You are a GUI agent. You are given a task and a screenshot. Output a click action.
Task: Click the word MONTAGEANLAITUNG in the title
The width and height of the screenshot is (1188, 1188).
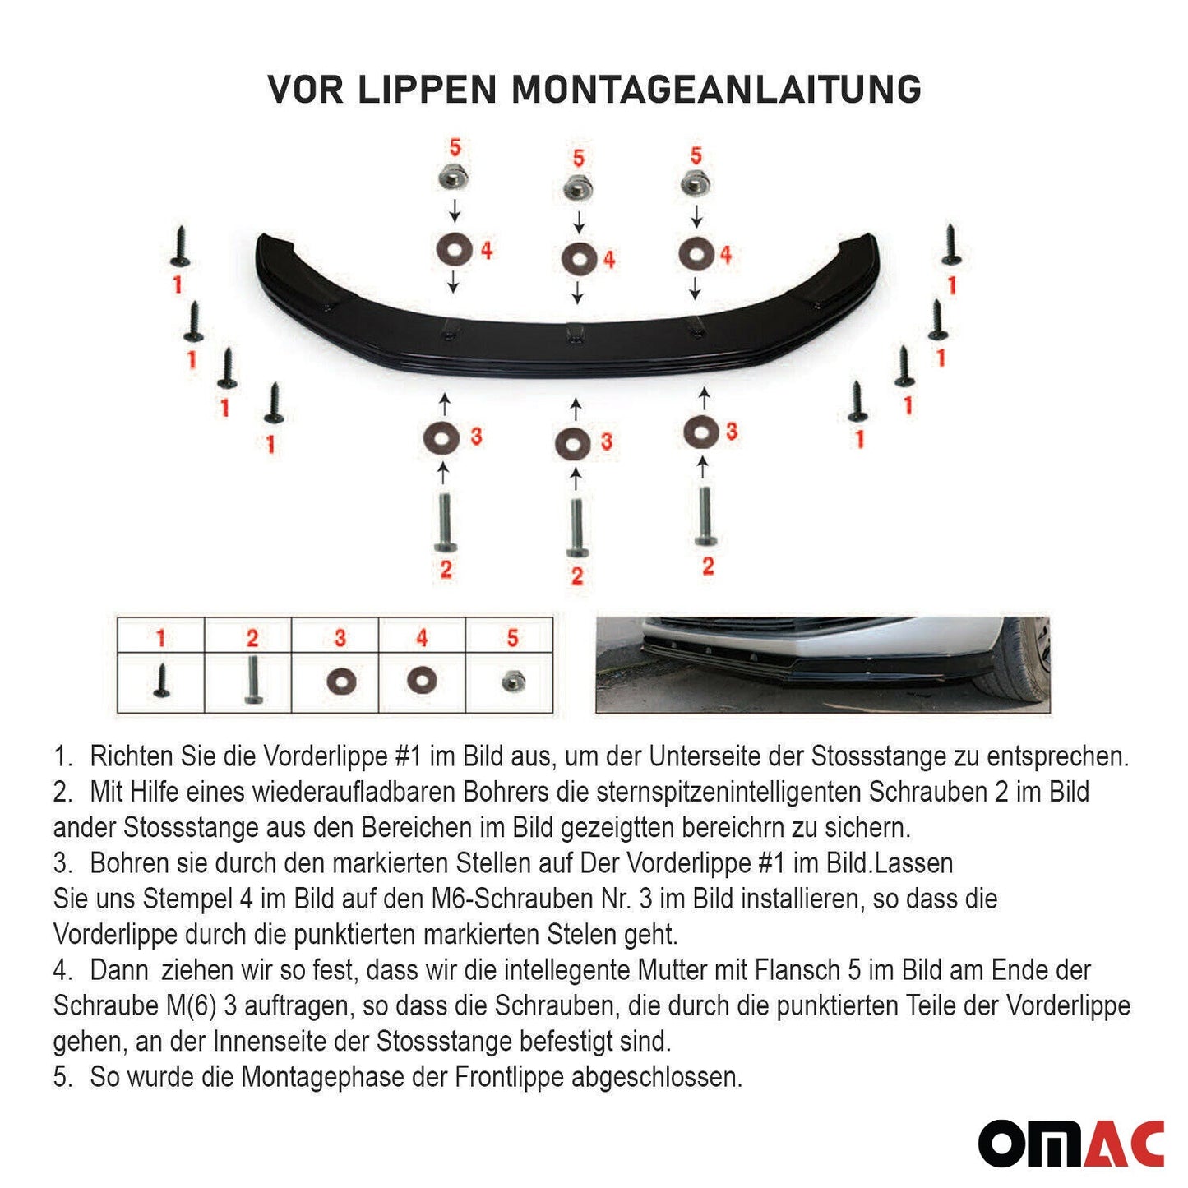pos(716,90)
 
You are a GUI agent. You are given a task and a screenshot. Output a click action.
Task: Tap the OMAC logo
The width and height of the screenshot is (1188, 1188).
pos(1070,1143)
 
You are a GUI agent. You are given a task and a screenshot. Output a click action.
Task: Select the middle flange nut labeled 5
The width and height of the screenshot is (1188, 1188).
pos(578,188)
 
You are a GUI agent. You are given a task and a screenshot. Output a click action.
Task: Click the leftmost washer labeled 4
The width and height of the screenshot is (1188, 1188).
pos(454,250)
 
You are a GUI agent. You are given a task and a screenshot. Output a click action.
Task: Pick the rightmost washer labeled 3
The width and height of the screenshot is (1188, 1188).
pos(700,432)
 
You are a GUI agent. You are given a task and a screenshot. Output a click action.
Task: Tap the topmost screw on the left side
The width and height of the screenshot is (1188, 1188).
pos(180,247)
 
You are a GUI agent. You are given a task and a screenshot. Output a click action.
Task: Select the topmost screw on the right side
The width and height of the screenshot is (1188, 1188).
pos(951,245)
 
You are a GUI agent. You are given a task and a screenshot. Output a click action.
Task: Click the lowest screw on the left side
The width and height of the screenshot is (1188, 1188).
pos(274,404)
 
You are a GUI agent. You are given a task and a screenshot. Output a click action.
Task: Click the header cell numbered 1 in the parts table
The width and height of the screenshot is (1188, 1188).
pos(161,637)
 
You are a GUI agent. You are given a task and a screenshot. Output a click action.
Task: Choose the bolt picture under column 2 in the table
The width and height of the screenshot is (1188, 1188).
pos(252,681)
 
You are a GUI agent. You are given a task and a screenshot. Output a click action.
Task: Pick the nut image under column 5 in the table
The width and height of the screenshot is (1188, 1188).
pos(512,681)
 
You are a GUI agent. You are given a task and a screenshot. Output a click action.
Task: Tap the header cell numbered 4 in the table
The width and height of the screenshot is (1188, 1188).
pos(422,637)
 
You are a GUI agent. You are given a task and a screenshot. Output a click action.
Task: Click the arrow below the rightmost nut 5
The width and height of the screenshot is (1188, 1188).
pos(696,216)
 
